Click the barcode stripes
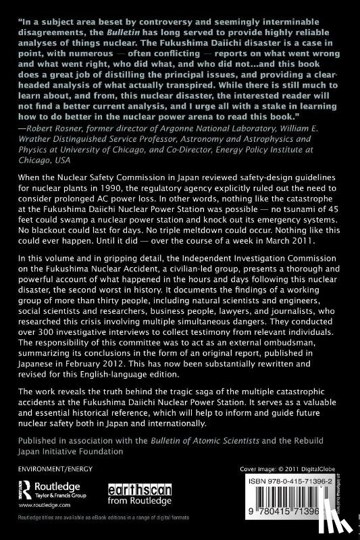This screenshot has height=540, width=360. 296,506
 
